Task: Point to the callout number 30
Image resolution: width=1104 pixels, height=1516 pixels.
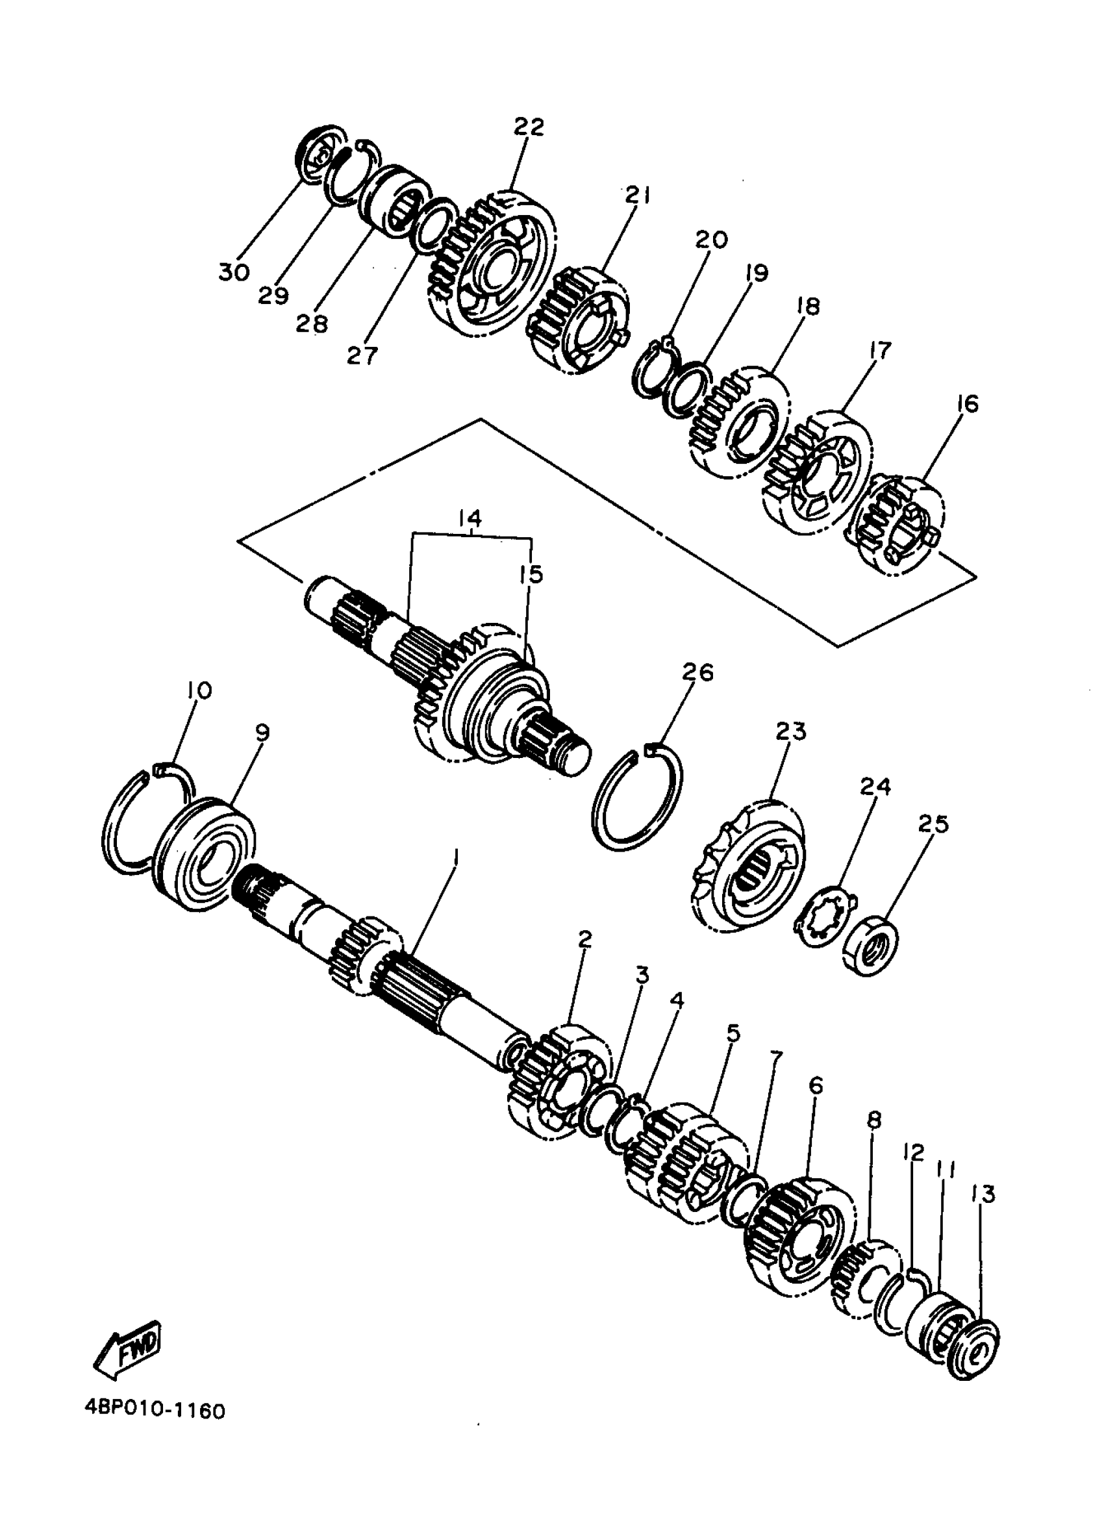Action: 233,273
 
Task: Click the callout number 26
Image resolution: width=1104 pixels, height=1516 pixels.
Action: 697,672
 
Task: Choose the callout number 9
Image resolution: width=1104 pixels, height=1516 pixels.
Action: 262,733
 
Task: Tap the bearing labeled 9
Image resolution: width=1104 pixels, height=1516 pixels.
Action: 204,856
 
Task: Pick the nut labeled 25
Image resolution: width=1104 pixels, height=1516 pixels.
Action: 870,946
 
